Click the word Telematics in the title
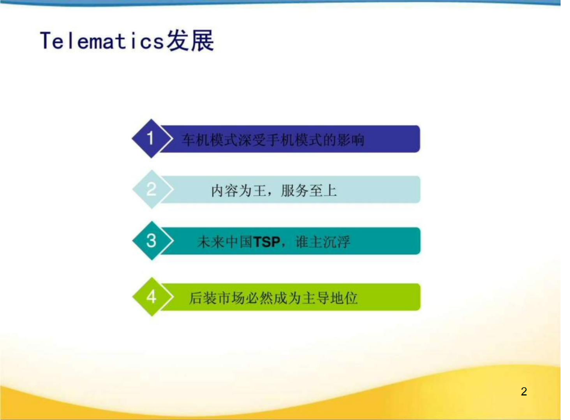pos(102,40)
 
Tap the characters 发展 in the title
pos(190,40)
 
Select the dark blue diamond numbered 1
pos(151,139)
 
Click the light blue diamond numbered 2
pos(151,189)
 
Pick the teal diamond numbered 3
pos(151,241)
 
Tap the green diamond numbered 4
pos(151,297)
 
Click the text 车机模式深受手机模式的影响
pos(273,140)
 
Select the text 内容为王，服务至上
pos(274,191)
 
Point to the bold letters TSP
pos(267,242)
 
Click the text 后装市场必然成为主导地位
pos(274,298)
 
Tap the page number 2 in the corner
pos(524,391)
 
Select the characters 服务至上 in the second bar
pos(309,191)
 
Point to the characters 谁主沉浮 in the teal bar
pos(323,242)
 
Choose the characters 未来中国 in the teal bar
pos(225,242)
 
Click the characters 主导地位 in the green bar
pos(330,298)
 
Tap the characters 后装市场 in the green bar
pos(217,298)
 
